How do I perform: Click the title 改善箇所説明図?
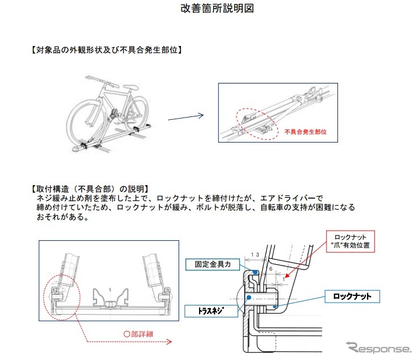[x=208, y=10]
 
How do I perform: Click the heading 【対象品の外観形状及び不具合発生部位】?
[x=105, y=50]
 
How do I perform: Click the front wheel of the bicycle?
[x=85, y=121]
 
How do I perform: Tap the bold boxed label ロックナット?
[x=352, y=296]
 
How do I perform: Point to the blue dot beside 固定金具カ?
[x=255, y=273]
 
